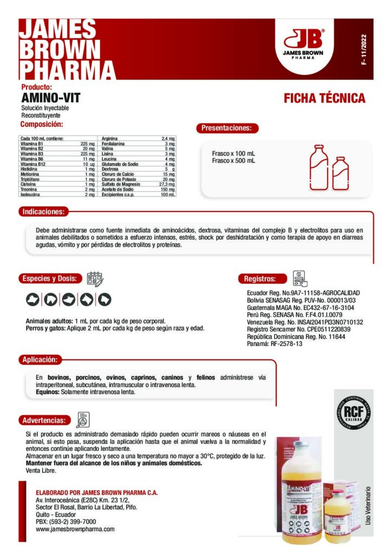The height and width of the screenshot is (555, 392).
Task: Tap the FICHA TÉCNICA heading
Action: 324,99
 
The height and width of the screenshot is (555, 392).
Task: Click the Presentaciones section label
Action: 226,128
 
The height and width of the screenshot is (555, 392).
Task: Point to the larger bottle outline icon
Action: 318,167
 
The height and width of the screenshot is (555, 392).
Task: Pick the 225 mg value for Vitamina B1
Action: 87,143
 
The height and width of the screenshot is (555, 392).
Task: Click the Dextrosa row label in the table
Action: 110,169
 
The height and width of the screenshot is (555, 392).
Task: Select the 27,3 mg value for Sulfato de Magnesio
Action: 166,184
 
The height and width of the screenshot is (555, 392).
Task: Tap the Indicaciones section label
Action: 43,211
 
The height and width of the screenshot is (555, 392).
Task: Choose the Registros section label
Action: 260,279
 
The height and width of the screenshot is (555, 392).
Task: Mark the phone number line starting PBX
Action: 66,521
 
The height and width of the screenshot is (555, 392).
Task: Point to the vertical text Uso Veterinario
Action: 368,504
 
